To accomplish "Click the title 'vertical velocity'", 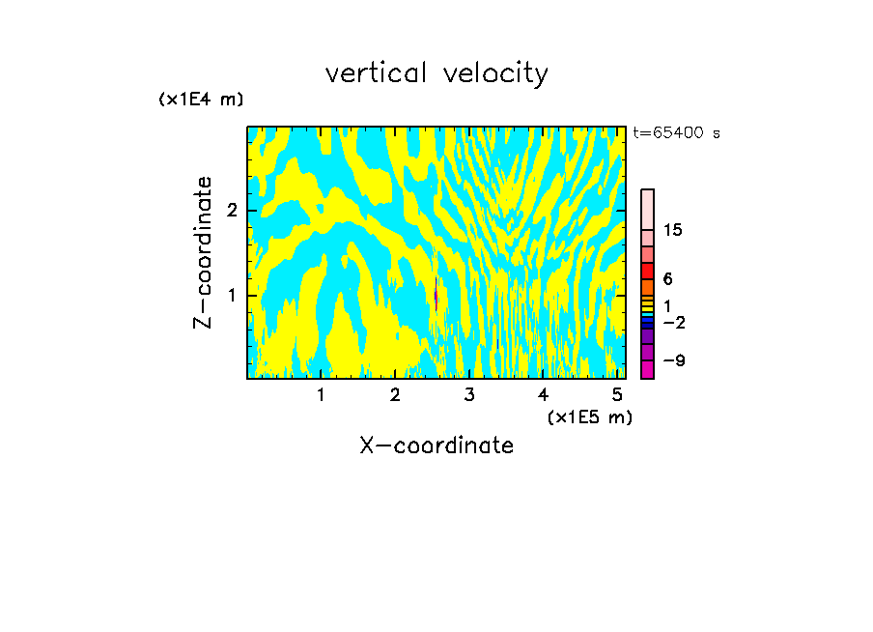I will coord(436,73).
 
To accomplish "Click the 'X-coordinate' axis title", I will coord(436,445).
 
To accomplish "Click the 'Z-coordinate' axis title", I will coord(203,253).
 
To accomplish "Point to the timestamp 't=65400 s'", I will coord(676,133).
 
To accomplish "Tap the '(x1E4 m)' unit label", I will coord(201,100).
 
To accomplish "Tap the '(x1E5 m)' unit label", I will coord(589,417).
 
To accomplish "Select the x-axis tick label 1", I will coord(322,395).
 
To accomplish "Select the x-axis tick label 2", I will coord(395,395).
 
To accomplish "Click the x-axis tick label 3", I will coord(469,395).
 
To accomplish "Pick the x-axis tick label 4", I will coord(543,395).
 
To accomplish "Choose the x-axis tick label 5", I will coord(617,395).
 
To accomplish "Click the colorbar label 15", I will coord(673,230).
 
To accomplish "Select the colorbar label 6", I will coord(667,278).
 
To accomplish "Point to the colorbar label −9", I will coord(673,360).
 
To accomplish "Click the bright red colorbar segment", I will coord(647,272).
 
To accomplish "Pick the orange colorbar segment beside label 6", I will coord(647,287).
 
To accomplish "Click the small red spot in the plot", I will coord(436,297).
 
